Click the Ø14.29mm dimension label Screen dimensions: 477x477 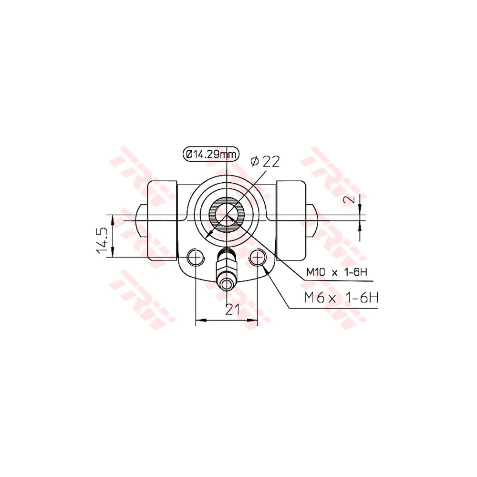pyautogui.click(x=211, y=154)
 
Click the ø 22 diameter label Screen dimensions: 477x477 pyautogui.click(x=265, y=162)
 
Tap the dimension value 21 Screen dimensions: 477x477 pyautogui.click(x=233, y=310)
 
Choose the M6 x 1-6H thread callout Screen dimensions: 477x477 pyautogui.click(x=342, y=299)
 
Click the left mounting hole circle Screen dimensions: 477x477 pyautogui.click(x=196, y=258)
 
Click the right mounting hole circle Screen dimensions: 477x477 pyautogui.click(x=258, y=258)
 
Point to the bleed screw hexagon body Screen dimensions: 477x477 pyautogui.click(x=227, y=263)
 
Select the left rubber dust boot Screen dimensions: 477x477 pyautogui.click(x=162, y=220)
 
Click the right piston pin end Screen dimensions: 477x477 pyautogui.click(x=312, y=220)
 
